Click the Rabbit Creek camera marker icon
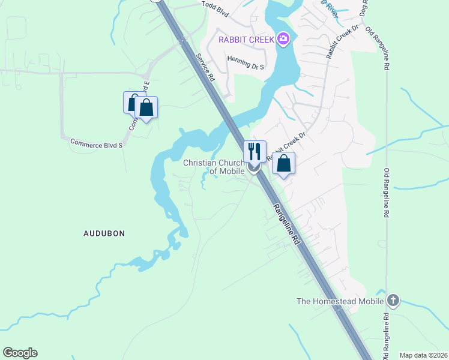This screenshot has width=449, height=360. tap(283, 40)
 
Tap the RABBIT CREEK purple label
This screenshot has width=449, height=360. tap(246, 40)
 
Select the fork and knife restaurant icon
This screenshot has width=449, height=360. tap(255, 152)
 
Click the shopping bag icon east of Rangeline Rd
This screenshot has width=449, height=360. tap(284, 163)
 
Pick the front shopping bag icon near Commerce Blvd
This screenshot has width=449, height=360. tap(146, 108)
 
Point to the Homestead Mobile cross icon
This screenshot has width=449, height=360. tap(393, 300)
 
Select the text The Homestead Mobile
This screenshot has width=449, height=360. tap(340, 301)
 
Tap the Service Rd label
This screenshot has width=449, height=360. tap(205, 67)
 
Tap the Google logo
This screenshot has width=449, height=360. tap(20, 353)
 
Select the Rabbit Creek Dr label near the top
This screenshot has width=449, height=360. tap(342, 41)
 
